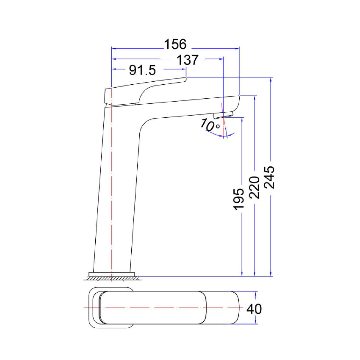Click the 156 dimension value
pyautogui.click(x=175, y=44)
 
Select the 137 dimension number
pyautogui.click(x=187, y=60)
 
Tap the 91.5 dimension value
pyautogui.click(x=143, y=70)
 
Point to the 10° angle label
pyautogui.click(x=210, y=125)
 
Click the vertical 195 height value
pyautogui.click(x=239, y=199)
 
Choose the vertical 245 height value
pyautogui.click(x=270, y=177)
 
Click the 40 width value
pyautogui.click(x=254, y=309)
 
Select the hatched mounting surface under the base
pyautogui.click(x=112, y=279)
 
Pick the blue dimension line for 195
pyautogui.click(x=241, y=237)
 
